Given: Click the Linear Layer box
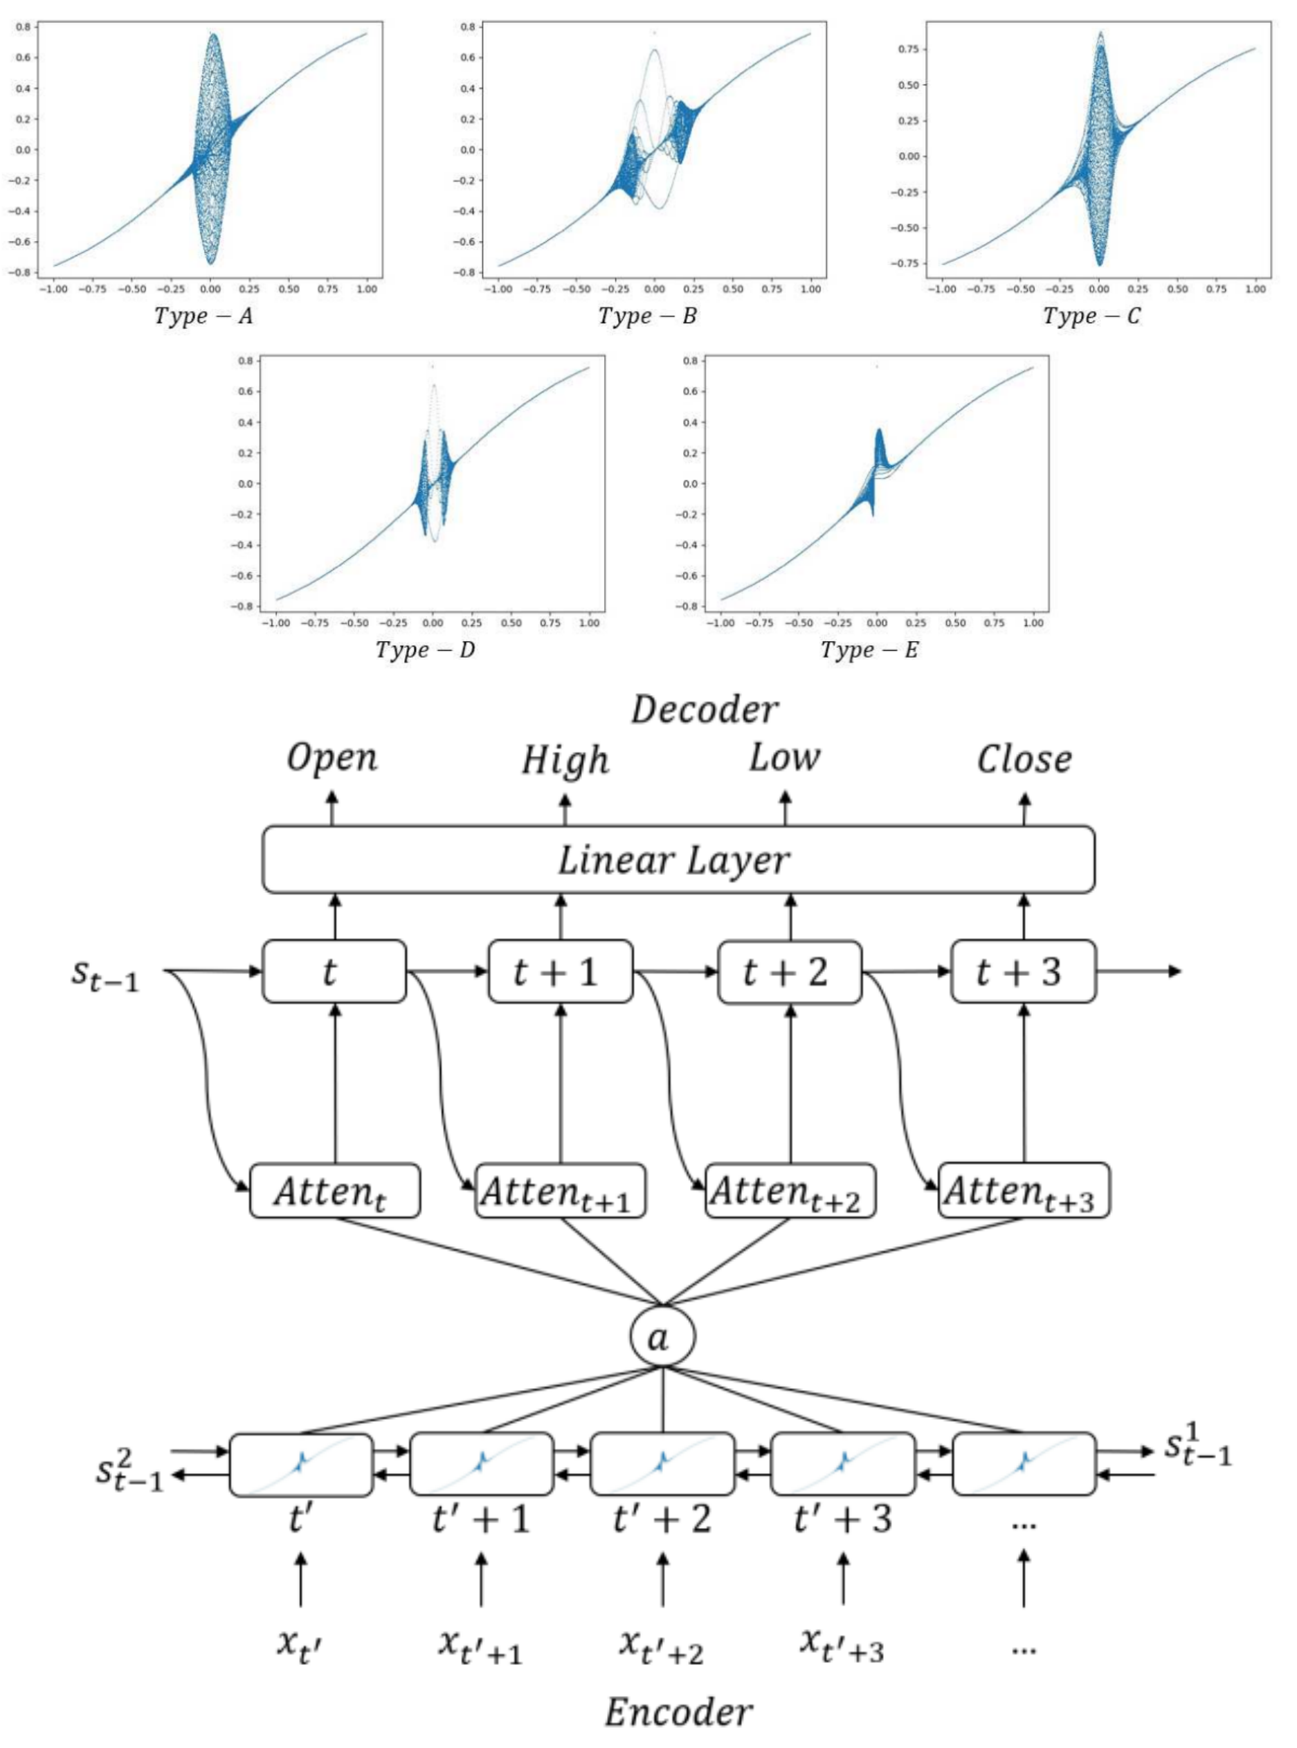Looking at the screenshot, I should tap(678, 859).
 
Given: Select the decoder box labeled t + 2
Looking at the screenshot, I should tap(789, 971).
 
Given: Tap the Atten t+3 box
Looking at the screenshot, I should tap(1023, 1191).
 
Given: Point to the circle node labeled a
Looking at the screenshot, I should tap(662, 1337).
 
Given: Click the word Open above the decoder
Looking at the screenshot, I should tap(332, 759).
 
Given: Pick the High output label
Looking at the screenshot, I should tap(565, 760).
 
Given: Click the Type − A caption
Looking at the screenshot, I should tap(203, 316).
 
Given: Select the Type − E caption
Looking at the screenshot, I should tap(869, 649).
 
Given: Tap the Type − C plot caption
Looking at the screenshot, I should tap(1091, 316).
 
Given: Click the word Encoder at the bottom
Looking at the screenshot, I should tap(678, 1712).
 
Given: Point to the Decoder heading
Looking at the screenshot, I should tap(705, 710).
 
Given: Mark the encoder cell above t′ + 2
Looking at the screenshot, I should tap(662, 1465).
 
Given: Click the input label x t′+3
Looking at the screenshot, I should tap(842, 1646).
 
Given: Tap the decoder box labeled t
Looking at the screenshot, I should tap(334, 971).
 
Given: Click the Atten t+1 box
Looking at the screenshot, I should tap(560, 1191).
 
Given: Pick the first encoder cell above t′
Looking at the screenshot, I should tap(300, 1465).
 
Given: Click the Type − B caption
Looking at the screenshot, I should tap(647, 316).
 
